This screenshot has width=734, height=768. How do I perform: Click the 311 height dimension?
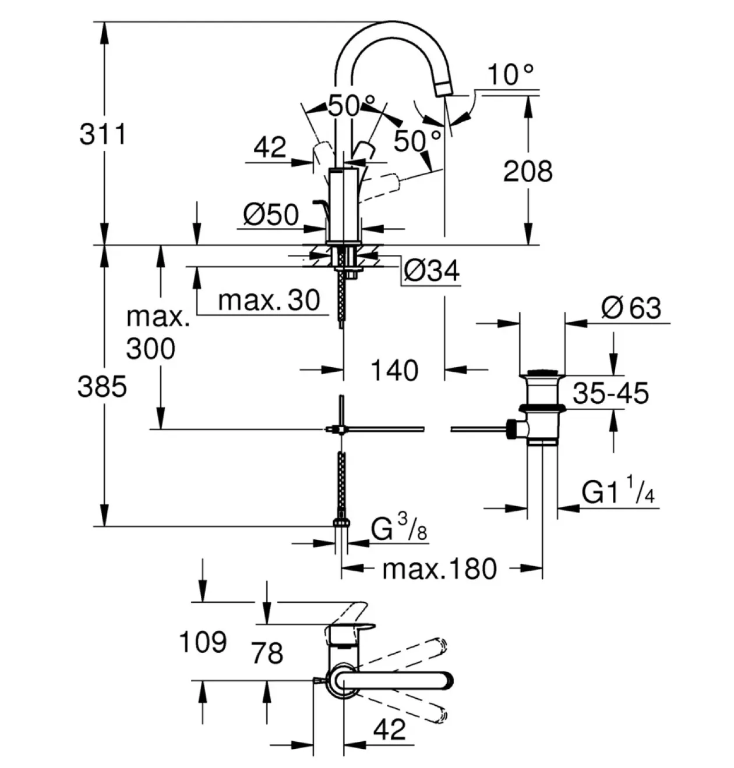tap(103, 134)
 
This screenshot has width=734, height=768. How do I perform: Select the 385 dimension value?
tap(102, 386)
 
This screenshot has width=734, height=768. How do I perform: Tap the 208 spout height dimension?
tap(528, 171)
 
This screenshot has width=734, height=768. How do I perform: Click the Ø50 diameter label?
tap(271, 215)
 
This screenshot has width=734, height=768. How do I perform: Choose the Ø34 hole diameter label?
tap(432, 271)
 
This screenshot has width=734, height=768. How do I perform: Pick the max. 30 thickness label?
tap(269, 300)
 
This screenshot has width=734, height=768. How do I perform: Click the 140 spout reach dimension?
tap(394, 371)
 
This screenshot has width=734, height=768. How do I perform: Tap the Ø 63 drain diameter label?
tap(631, 307)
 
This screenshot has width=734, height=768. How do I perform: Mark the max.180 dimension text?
tap(439, 569)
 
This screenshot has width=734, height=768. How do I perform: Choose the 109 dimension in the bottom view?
tap(203, 642)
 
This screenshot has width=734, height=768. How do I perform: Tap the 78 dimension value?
tap(267, 653)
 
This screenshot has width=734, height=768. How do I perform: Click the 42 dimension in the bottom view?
tap(390, 729)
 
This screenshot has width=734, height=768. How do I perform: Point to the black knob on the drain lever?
tap(510, 429)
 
